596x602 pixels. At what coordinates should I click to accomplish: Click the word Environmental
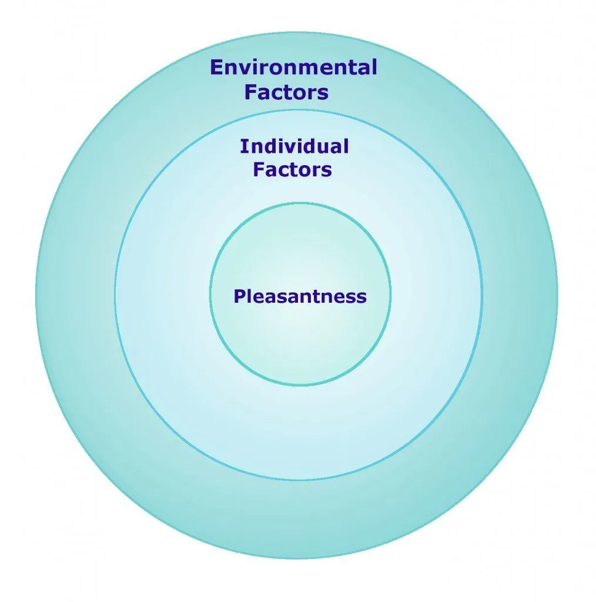tap(293, 68)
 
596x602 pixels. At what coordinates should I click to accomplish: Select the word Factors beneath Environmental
tap(286, 92)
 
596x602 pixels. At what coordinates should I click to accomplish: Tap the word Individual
tap(294, 146)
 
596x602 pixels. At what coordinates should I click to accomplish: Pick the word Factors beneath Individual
tap(292, 170)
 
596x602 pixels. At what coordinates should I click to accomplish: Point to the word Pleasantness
tap(300, 296)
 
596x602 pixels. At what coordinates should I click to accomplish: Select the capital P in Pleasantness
tap(239, 296)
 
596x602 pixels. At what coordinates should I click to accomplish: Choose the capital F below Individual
tap(259, 170)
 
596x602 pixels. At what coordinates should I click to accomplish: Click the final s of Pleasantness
tap(361, 297)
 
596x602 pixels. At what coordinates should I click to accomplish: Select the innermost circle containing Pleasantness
tap(300, 341)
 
